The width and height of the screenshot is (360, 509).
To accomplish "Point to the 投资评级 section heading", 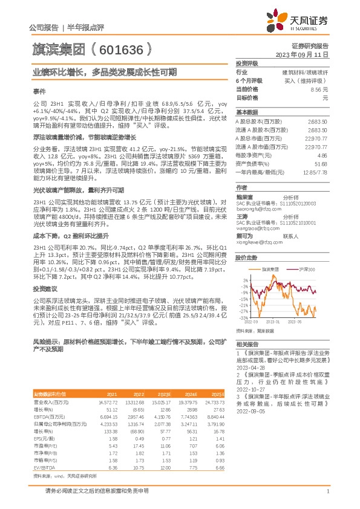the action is [247, 63].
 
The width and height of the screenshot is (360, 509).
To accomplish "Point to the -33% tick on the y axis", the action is [243, 317].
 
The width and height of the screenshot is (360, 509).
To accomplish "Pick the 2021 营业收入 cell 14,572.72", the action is [105, 401].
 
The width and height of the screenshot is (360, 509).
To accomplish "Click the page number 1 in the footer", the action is [327, 491].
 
